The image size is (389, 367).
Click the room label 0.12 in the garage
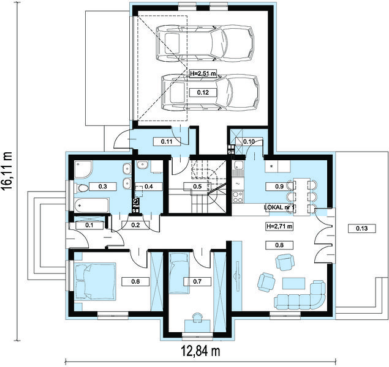tap(203, 92)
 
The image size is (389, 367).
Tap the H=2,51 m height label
tap(203, 73)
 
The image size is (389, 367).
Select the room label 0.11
tap(167, 142)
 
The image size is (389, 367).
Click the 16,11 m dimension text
tap(7, 171)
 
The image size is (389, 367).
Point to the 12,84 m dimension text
tap(200, 350)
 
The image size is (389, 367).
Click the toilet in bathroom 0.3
tap(81, 188)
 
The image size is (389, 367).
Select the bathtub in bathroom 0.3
tap(92, 206)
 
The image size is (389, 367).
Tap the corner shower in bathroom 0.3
tap(83, 169)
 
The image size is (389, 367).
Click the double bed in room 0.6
tap(96, 281)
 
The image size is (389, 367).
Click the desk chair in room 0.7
tap(197, 317)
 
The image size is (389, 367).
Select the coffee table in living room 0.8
tap(294, 283)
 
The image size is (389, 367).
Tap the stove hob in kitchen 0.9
tap(238, 197)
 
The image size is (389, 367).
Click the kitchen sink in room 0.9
tap(238, 165)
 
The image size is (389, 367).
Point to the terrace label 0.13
tap(361, 228)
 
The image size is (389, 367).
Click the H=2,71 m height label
tap(279, 226)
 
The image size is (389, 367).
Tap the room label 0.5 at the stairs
tap(197, 187)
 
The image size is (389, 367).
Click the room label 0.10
tap(249, 142)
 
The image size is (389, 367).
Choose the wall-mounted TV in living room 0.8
tap(236, 276)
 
